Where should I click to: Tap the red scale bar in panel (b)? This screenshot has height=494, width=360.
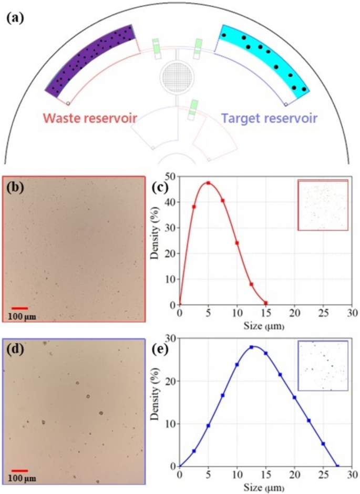click(x=19, y=308)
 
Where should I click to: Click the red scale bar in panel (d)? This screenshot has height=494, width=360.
click(x=19, y=471)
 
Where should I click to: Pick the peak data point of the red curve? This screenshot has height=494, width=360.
click(x=208, y=183)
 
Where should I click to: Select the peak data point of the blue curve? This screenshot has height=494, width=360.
click(x=251, y=347)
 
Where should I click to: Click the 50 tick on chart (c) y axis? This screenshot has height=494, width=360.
click(x=171, y=177)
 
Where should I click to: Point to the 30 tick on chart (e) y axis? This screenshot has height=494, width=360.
click(x=171, y=338)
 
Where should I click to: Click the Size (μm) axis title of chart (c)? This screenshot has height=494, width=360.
click(x=264, y=326)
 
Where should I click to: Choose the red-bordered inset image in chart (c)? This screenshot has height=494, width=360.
click(x=323, y=205)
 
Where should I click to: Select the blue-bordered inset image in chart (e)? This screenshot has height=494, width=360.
click(x=323, y=365)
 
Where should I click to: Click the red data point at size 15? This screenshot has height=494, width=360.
click(x=266, y=303)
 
